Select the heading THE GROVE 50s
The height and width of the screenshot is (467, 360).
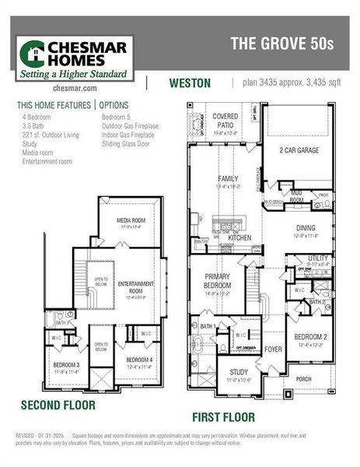(x=281, y=44)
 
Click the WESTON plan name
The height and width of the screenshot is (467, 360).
(x=190, y=83)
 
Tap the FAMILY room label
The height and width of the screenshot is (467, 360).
(x=227, y=179)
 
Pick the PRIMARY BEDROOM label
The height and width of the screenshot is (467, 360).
(x=219, y=280)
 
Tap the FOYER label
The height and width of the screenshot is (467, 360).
(x=273, y=349)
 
